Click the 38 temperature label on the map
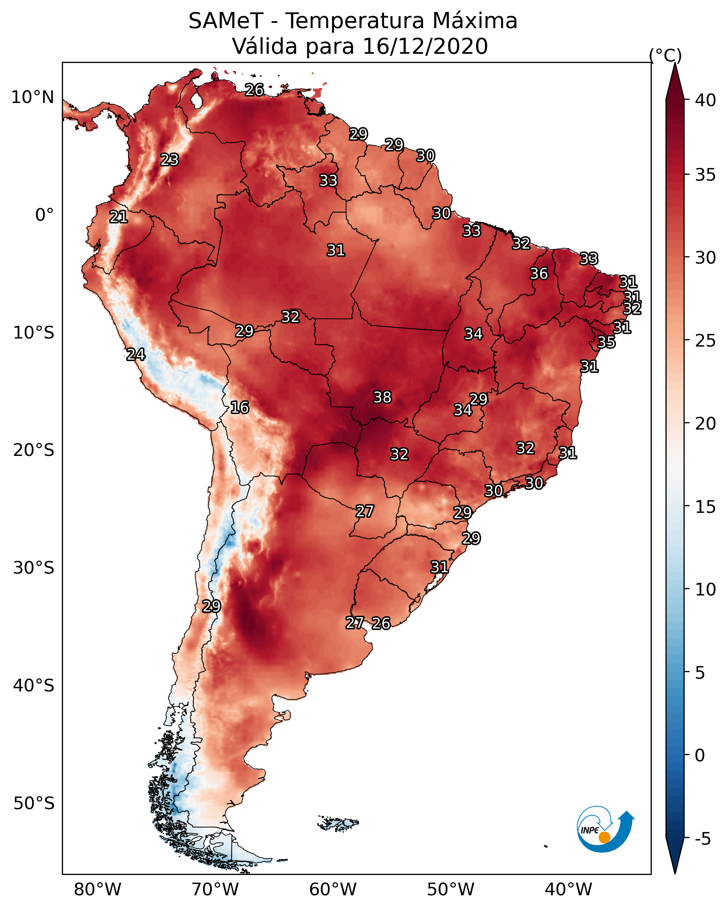pos(382,397)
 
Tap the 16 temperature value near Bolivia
pos(240,407)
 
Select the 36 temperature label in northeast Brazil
pos(539,273)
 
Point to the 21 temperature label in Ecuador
pos(119,217)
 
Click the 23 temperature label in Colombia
pos(170,160)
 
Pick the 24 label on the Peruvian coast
pos(136,355)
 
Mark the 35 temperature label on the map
pos(606,342)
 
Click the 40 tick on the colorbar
pos(706,100)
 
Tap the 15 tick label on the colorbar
pos(706,507)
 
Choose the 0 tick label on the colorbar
pos(700,755)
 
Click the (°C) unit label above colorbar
pos(665,55)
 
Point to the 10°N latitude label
pos(32,97)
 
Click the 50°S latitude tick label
pos(34,804)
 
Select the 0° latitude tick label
pos(45,215)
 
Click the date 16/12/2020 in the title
pos(425,46)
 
